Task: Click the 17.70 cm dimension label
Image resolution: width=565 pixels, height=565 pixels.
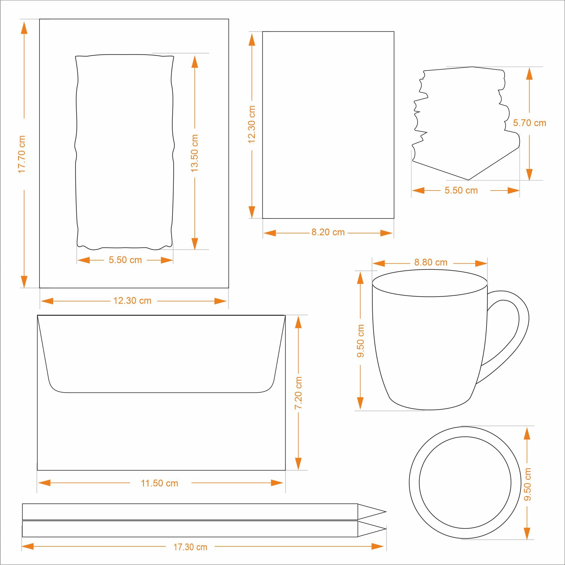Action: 22,154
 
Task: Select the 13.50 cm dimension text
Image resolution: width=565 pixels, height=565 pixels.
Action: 194,153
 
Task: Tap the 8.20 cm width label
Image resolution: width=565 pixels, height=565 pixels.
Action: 328,232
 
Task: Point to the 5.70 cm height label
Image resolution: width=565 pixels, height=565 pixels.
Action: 530,123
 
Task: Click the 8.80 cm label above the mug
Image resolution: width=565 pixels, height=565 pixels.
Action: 431,262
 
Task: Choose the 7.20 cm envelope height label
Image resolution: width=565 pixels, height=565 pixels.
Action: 298,393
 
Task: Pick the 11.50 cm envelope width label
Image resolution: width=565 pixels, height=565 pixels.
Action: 159,483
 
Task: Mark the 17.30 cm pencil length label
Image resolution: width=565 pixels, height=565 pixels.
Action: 190,547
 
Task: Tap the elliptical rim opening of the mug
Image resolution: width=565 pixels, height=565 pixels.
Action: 430,283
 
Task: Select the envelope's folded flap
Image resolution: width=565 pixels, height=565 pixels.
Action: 161,354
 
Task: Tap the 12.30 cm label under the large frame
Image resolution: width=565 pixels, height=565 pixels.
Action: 132,301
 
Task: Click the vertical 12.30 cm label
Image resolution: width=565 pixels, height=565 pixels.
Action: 251,124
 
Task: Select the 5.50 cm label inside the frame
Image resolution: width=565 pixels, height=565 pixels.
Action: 125,260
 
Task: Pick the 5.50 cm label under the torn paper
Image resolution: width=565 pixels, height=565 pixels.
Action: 461,190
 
